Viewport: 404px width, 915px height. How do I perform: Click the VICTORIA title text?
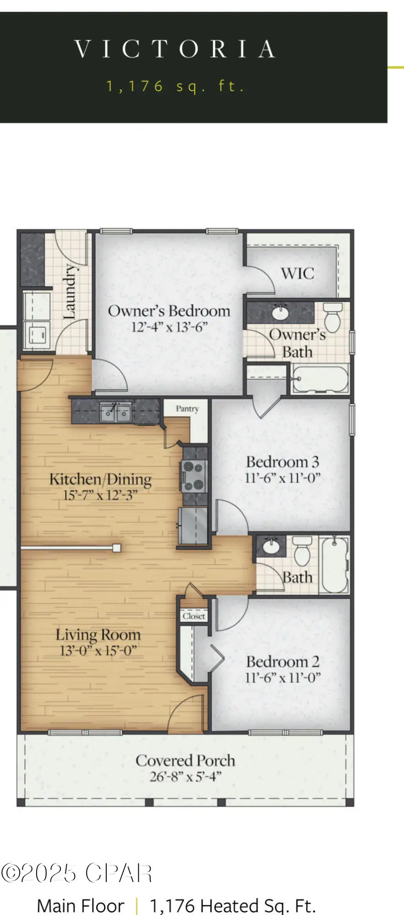175,49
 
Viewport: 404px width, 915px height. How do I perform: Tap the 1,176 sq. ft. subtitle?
175,86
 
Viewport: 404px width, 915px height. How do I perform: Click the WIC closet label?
297,274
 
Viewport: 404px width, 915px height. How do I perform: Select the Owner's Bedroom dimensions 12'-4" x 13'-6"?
169,328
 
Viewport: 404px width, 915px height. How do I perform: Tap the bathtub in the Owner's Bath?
320,379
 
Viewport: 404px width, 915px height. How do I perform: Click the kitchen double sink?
116,413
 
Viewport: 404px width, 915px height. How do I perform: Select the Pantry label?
187,409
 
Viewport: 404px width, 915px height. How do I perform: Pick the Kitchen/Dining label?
100,479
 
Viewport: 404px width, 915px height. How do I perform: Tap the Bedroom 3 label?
282,462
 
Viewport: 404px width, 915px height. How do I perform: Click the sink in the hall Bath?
271,546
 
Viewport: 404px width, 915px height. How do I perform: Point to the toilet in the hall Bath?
302,551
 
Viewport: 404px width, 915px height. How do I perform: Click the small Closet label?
194,616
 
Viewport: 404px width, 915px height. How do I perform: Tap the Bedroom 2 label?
282,662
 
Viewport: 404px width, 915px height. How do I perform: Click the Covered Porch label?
185,760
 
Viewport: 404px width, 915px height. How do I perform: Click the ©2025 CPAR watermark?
76,873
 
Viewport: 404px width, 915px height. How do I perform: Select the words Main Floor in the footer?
80,905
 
